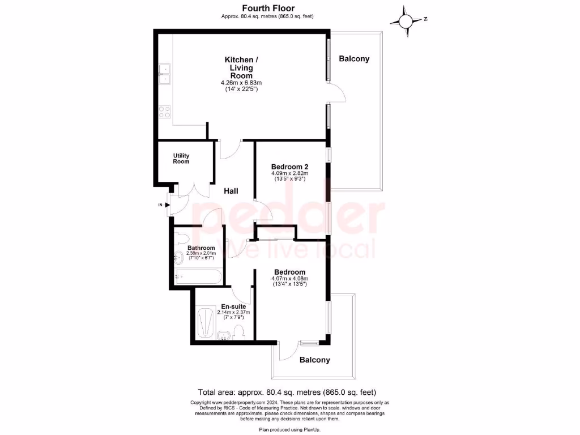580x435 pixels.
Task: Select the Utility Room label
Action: coord(181,159)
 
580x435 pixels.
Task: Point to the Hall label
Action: coord(231,191)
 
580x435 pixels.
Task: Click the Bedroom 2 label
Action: coord(289,167)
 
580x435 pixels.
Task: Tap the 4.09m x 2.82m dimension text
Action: coord(289,173)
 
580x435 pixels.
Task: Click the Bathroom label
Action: coord(201,248)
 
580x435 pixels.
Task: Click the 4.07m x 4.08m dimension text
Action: coord(289,278)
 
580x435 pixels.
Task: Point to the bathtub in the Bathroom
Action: coord(198,277)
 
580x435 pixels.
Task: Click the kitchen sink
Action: coord(165,74)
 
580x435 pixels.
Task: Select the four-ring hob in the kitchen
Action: coord(165,112)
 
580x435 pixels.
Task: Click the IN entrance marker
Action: coord(160,204)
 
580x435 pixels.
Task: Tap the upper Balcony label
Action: coord(354,59)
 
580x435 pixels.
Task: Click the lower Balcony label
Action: coord(314,360)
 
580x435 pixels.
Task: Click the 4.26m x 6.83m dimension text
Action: coord(241,83)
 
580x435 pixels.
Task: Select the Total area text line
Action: coord(287,392)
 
